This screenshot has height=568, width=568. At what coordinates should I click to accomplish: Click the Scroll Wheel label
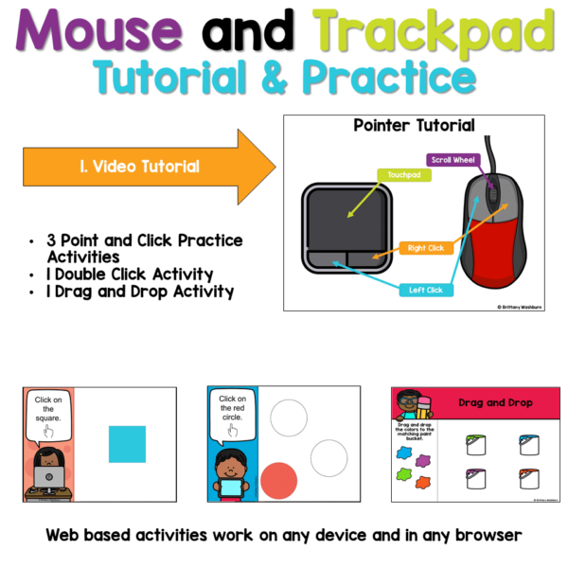click(453, 160)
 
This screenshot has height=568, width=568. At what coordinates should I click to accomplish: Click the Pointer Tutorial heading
click(414, 126)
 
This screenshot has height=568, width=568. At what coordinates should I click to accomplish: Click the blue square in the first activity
click(126, 444)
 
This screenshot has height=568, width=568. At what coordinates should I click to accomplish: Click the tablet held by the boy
click(229, 486)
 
